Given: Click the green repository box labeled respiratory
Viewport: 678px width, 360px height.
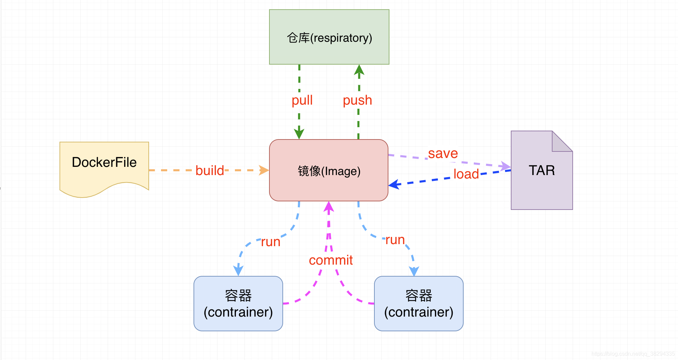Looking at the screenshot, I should [329, 37].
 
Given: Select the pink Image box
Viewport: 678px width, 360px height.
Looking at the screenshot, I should [329, 170].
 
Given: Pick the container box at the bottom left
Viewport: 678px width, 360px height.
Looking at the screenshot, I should [238, 304].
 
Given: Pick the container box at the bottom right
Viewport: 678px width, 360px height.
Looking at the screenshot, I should [418, 304].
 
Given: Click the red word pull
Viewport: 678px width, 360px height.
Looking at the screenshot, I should [302, 100].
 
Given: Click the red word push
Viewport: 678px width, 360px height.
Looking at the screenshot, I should [357, 100].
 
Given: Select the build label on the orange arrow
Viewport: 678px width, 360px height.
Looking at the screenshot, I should [210, 170].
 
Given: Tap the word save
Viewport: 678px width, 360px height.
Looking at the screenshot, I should [443, 153].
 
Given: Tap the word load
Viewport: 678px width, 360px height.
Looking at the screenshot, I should [466, 174].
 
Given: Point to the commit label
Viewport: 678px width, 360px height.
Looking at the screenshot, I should [331, 260].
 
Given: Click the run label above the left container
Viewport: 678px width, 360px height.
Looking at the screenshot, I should [270, 242].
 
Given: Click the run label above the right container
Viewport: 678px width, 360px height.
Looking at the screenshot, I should [395, 240].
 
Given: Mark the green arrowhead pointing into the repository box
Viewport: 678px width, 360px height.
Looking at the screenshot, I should [359, 70].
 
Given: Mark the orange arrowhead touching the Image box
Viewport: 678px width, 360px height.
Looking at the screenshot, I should [264, 170].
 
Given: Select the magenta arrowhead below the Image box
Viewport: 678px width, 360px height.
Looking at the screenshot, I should [329, 206].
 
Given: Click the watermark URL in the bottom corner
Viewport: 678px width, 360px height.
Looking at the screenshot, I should [633, 354].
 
